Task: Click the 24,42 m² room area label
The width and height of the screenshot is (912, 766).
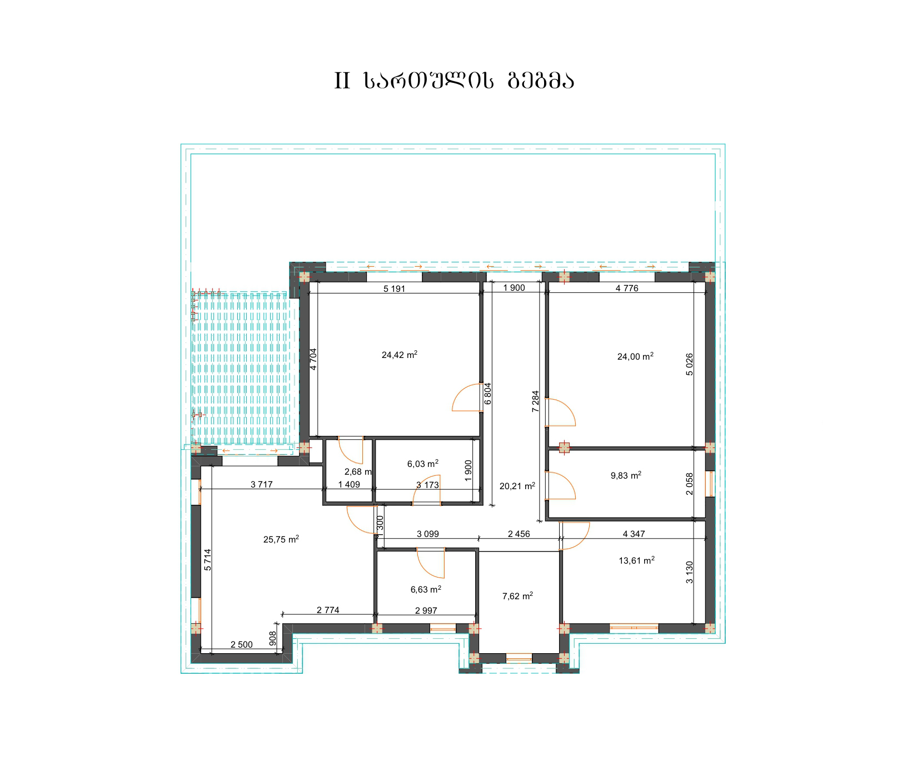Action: click(400, 355)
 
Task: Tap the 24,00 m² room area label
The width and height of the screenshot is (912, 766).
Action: click(635, 357)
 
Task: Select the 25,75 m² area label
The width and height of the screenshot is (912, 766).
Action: click(281, 539)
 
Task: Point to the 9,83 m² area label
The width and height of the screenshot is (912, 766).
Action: click(626, 475)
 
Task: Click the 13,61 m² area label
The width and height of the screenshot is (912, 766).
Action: click(637, 561)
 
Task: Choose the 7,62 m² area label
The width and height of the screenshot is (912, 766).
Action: click(517, 596)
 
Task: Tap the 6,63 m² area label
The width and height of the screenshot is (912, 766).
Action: click(426, 589)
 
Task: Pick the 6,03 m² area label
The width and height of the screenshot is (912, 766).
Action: click(423, 463)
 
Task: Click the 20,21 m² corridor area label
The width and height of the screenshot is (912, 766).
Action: click(517, 486)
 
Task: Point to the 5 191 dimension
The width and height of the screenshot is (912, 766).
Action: click(395, 289)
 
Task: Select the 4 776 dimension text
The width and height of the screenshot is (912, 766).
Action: click(627, 288)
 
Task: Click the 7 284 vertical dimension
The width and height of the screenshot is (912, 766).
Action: click(535, 401)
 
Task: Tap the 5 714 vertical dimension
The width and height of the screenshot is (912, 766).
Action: click(207, 560)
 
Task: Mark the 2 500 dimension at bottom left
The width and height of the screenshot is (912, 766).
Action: click(241, 645)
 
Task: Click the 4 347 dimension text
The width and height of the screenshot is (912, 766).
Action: click(634, 534)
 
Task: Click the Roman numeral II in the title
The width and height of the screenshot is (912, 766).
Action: click(342, 81)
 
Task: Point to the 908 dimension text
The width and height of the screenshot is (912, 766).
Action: click(272, 638)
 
